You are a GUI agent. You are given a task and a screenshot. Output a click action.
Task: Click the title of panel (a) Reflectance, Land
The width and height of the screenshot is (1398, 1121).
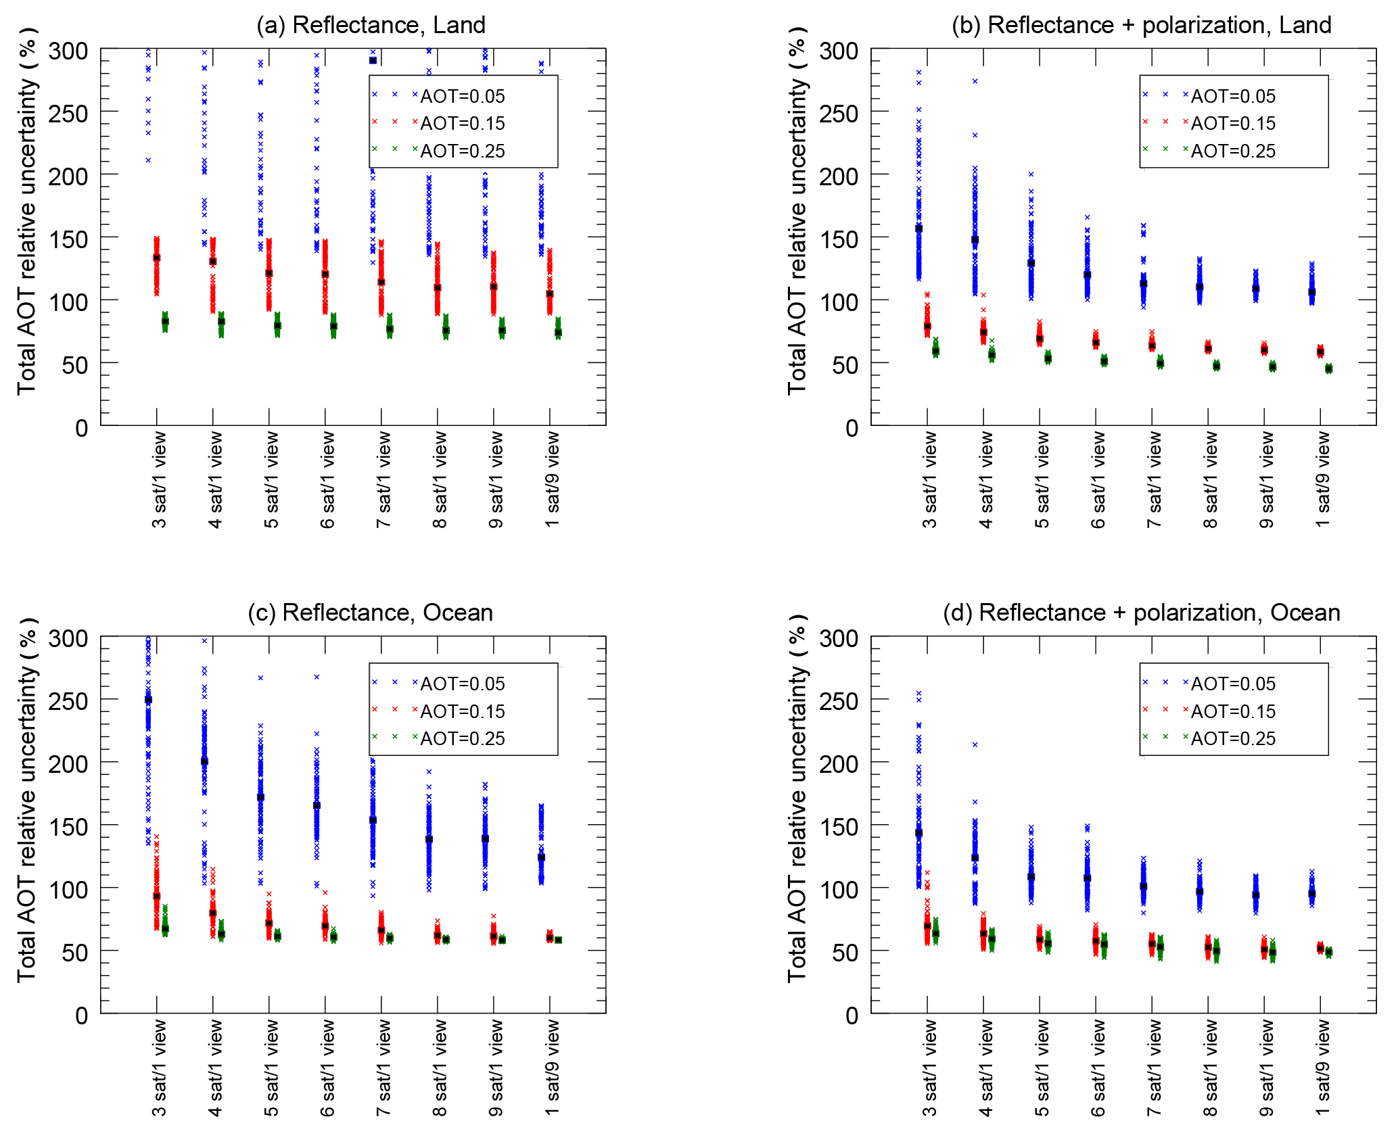coord(371,25)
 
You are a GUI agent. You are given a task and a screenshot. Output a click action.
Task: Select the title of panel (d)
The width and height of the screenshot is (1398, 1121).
coord(1141,613)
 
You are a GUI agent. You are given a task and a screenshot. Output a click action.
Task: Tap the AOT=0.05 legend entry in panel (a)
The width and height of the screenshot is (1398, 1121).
coord(463,96)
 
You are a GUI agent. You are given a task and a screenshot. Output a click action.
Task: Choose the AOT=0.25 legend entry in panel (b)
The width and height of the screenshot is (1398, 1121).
coord(1233,151)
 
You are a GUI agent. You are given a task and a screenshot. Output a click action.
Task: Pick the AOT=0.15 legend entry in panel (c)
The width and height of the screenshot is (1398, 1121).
coord(463,711)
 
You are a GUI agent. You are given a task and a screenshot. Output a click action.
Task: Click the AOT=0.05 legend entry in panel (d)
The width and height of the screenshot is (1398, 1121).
coord(1233,684)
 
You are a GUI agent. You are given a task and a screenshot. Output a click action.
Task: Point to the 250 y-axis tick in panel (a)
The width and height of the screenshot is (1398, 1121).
coord(68,114)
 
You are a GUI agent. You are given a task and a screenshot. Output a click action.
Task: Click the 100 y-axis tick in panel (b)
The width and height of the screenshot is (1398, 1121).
coord(839,302)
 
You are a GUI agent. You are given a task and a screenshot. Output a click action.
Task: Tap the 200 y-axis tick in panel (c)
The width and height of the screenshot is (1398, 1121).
coord(68,764)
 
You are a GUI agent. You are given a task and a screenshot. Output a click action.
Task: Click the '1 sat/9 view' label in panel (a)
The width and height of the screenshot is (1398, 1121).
coord(553,481)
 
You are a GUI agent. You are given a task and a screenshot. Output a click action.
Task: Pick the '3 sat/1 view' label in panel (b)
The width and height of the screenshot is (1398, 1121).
coord(930,481)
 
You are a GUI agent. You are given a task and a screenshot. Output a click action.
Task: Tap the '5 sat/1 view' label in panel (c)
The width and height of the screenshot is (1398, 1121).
coord(271,1068)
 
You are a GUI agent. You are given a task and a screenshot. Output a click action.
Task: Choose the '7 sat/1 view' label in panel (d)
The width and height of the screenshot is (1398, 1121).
coord(1155,1068)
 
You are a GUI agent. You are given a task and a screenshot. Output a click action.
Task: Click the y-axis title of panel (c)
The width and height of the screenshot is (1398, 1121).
coord(27,799)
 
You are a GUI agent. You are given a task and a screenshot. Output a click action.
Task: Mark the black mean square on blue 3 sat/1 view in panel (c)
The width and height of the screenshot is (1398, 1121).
coord(149,700)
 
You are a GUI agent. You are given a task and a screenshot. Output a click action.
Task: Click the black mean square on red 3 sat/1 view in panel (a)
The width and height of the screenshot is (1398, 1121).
coord(157,258)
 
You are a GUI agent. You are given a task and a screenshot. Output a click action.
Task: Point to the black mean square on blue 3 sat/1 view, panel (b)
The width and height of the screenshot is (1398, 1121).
coord(919,229)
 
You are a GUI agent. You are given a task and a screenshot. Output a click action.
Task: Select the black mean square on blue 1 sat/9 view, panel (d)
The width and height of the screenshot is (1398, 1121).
coord(1311,893)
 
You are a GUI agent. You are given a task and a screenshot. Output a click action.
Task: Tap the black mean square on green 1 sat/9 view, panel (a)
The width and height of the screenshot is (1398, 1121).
coord(558,332)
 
